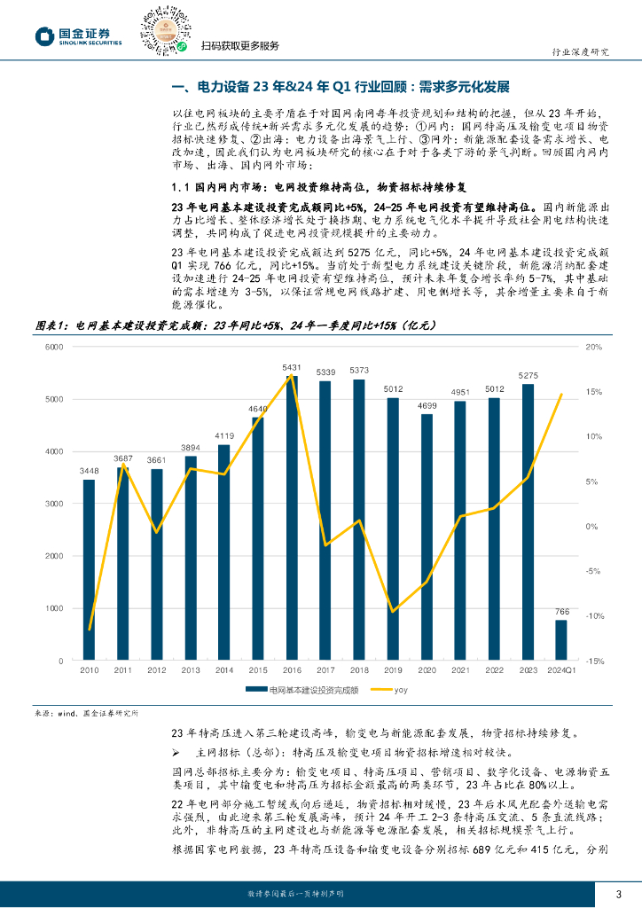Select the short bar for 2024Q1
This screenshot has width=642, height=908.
[561, 640]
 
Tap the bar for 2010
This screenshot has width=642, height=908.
[89, 570]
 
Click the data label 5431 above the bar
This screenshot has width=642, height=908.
[291, 367]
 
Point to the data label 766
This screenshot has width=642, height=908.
[561, 612]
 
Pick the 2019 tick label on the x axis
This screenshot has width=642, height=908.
[392, 670]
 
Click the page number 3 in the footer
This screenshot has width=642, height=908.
[619, 893]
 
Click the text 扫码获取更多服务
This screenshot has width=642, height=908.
[240, 46]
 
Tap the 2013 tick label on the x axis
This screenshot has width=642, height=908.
[190, 670]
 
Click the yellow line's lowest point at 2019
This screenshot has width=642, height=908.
[393, 611]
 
